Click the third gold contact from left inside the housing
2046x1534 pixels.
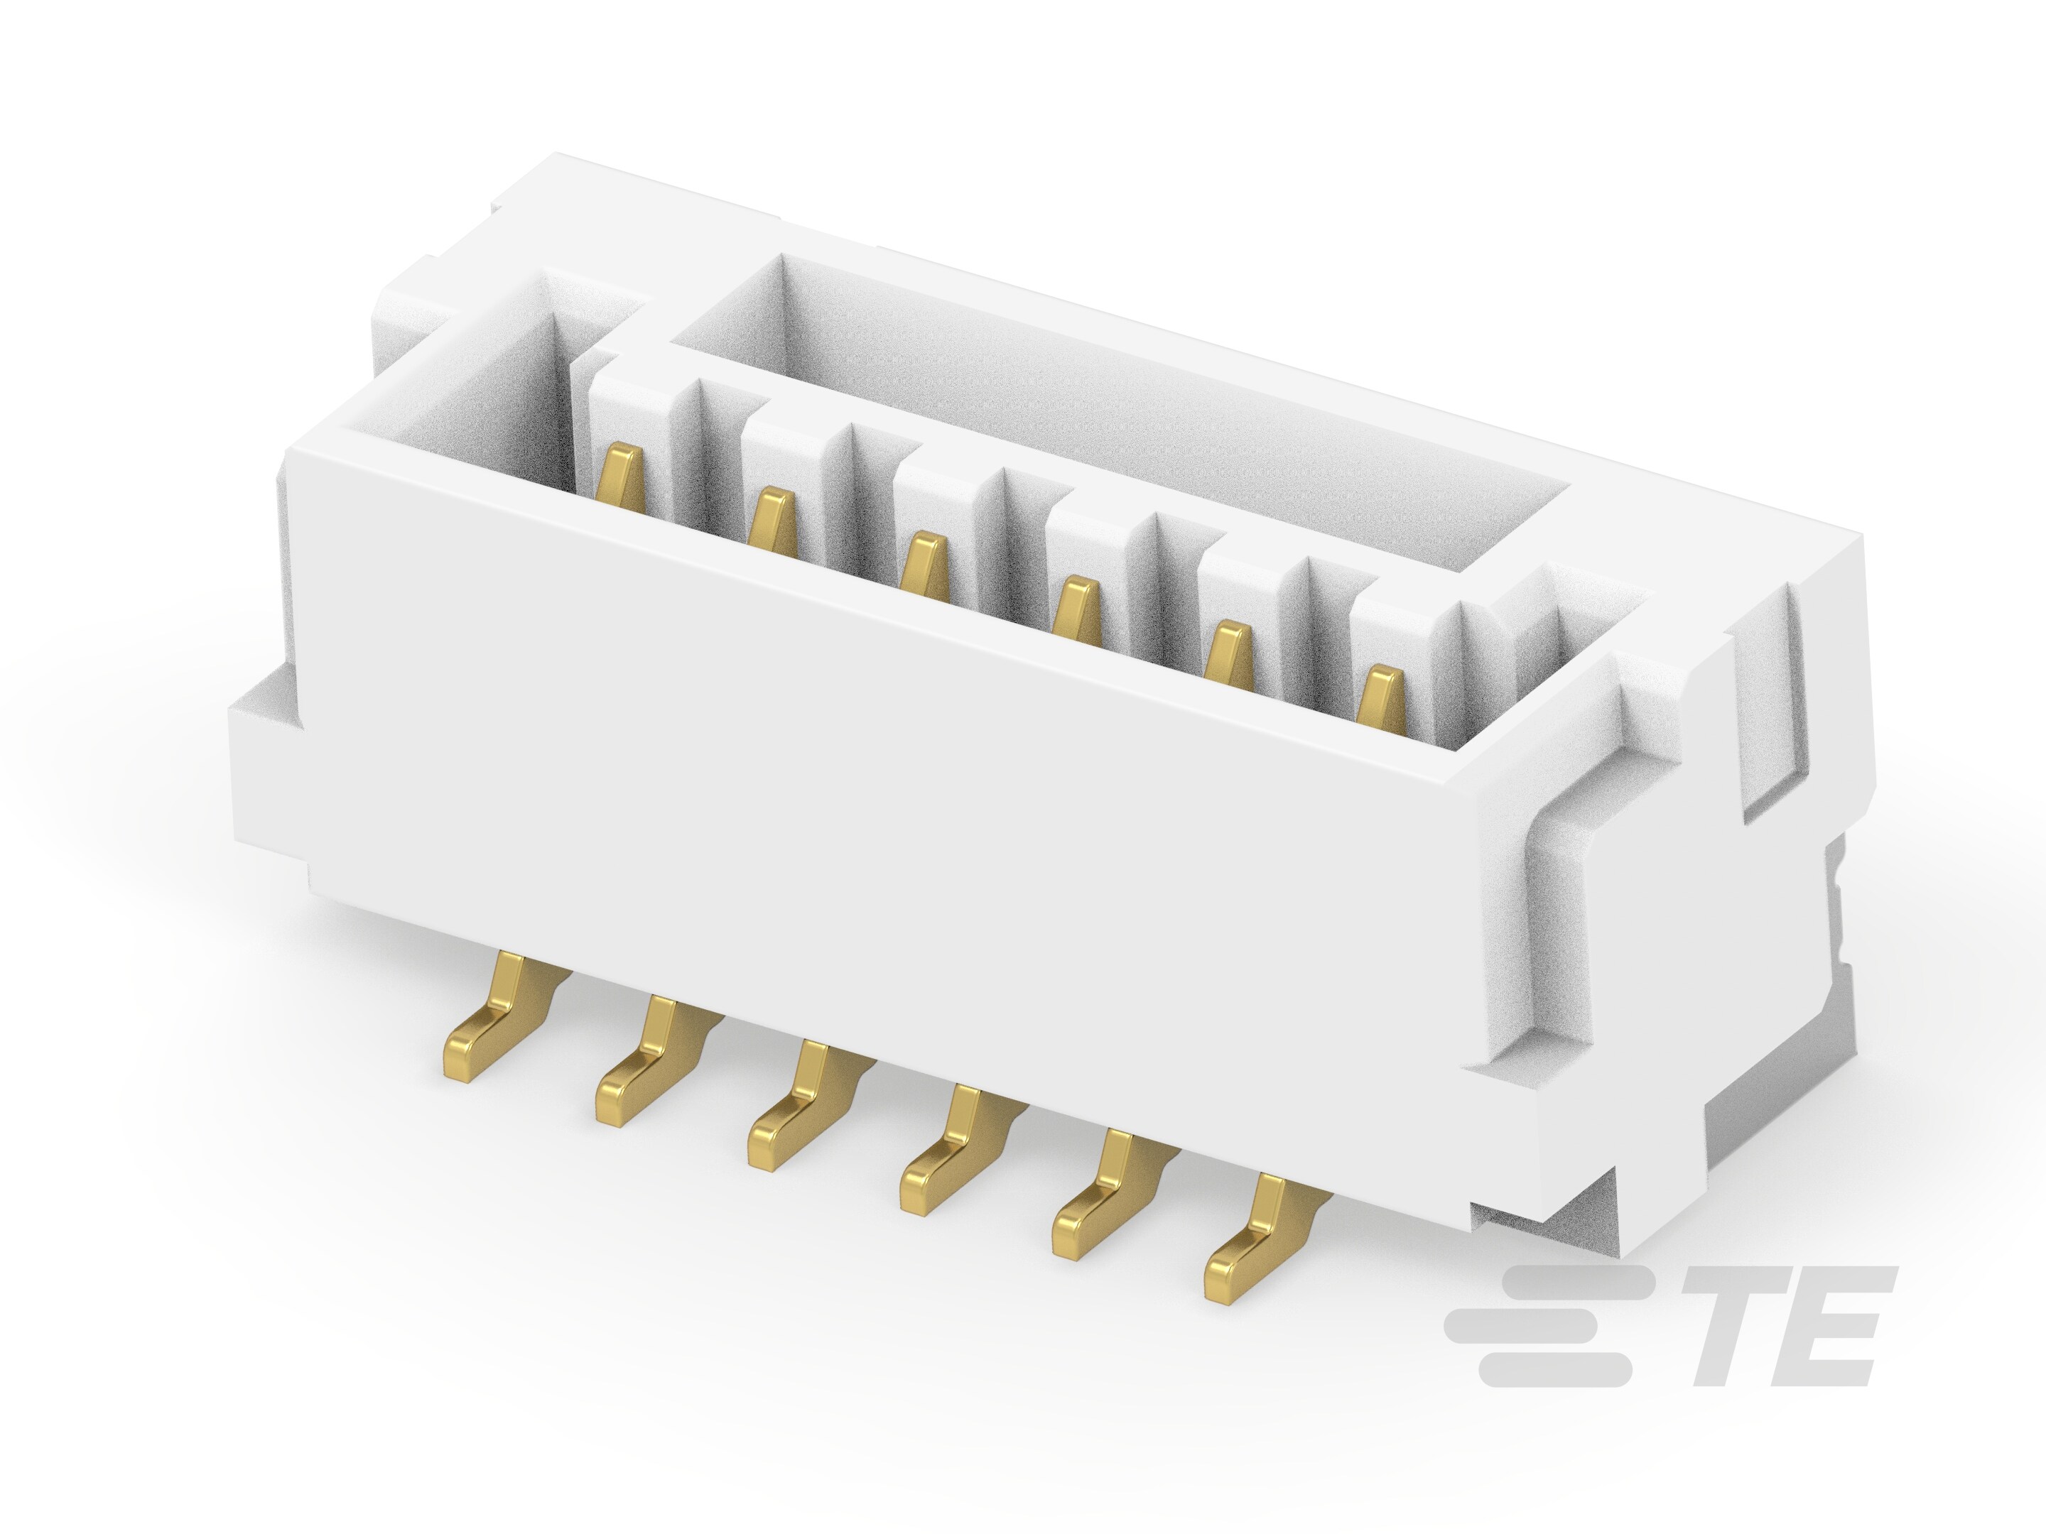click(x=924, y=564)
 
